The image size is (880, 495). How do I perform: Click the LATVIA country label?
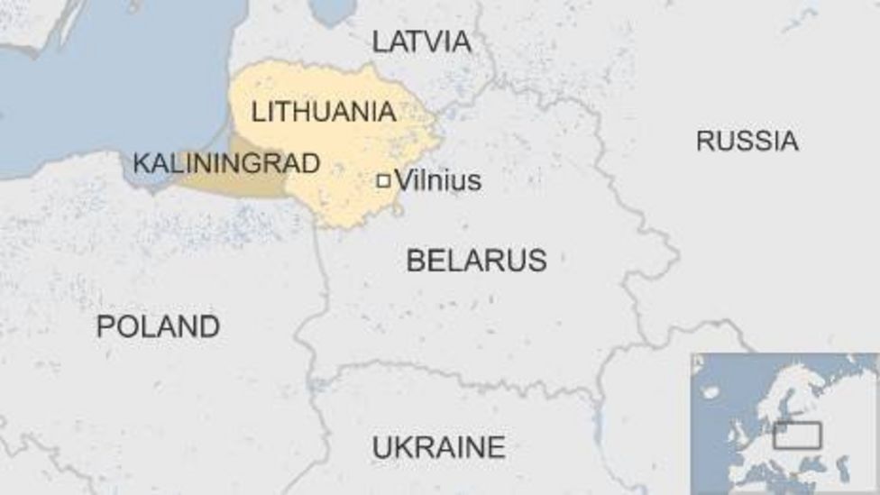point(421,41)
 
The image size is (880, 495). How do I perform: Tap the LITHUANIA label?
point(324,112)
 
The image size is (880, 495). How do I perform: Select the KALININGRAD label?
point(226,163)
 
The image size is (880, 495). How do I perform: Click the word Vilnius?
point(438,180)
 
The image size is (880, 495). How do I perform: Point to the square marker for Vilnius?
point(383,181)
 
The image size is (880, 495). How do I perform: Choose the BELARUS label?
point(476,261)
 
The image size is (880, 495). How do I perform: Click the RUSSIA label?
point(747,141)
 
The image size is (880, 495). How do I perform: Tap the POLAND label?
point(158,326)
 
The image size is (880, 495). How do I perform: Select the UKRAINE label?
point(438,447)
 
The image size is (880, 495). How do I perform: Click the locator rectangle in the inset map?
point(797,435)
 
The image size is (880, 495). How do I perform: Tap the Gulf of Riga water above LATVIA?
point(332,9)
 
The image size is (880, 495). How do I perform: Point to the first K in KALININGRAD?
point(141,163)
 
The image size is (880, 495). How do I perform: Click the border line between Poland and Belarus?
point(318,298)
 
